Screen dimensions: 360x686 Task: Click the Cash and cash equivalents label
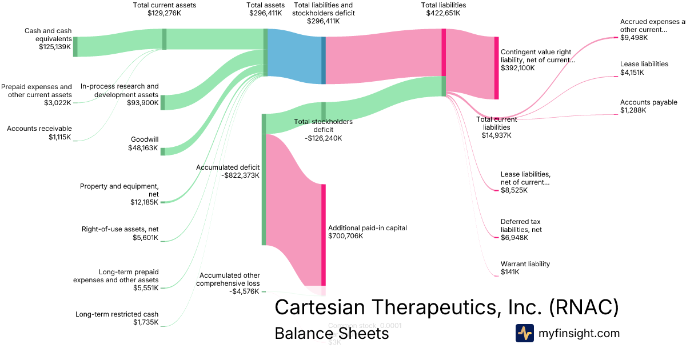(49, 35)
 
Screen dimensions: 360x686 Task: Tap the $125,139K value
(52, 47)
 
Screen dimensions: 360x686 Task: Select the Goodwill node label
(143, 138)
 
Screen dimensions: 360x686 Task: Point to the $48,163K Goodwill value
(143, 147)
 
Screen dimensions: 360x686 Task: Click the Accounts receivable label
(39, 129)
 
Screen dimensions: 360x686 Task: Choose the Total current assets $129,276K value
(164, 14)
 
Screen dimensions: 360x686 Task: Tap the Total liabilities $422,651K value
(443, 14)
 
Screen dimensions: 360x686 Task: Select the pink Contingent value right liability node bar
(496, 68)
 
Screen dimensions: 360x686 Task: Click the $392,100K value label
(518, 68)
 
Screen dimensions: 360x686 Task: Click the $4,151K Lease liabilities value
(632, 73)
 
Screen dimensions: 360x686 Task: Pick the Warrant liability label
(525, 264)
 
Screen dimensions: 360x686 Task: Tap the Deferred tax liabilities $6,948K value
(514, 238)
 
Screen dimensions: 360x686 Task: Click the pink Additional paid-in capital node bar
(324, 234)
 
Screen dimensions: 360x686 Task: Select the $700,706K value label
(345, 236)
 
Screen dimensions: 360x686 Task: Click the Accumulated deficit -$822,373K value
(240, 175)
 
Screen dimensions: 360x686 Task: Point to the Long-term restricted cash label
(117, 314)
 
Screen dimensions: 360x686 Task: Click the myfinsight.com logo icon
(524, 333)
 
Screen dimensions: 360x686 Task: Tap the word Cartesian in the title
(321, 307)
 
